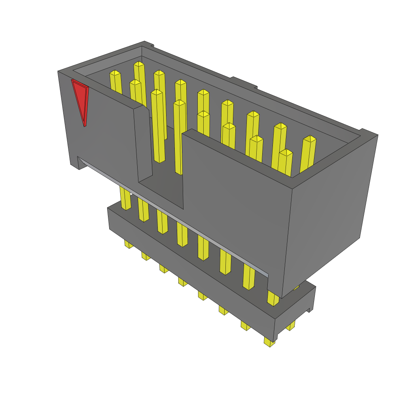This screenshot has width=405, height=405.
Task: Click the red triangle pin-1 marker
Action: (81, 99)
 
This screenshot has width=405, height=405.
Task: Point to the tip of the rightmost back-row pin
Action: (309, 139)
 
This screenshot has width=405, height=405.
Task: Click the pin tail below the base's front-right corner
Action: (269, 342)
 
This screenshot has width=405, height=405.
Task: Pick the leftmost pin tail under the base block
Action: (129, 244)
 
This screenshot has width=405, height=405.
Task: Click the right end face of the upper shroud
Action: (330, 214)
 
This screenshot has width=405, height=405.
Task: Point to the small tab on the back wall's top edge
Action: (243, 82)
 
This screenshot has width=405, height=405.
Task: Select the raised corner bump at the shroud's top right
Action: (368, 132)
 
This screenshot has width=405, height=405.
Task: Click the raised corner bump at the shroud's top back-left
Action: (147, 44)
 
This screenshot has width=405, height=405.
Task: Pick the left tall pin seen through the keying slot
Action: (159, 127)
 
